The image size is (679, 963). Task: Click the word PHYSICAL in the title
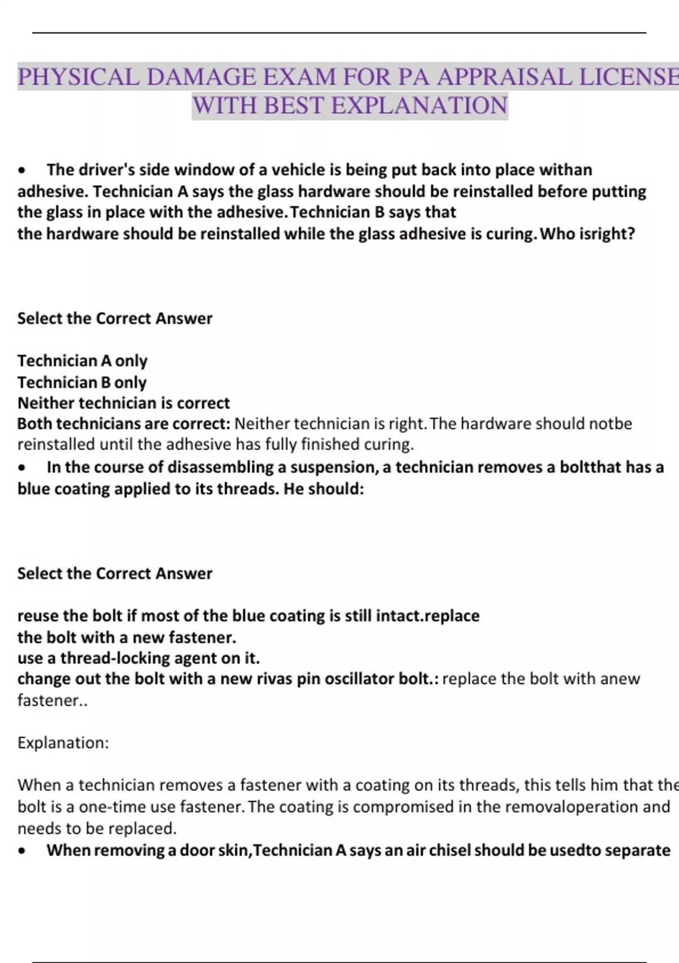pos(78,77)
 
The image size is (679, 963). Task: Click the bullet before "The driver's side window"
pos(22,171)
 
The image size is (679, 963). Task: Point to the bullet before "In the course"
pos(22,468)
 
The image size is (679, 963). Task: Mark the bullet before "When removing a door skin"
pos(22,851)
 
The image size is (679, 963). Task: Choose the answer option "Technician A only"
pos(82,361)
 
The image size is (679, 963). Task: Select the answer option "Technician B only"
pos(82,382)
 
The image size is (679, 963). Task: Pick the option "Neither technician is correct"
pos(123,403)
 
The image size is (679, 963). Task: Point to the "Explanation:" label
pos(63,743)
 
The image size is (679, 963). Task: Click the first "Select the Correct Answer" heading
pos(115,318)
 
